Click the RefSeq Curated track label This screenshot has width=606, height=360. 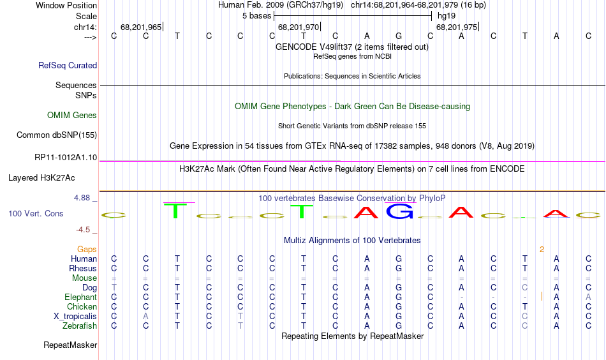click(x=68, y=65)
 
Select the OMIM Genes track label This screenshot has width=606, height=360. click(x=72, y=116)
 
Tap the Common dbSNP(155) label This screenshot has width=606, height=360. click(x=57, y=135)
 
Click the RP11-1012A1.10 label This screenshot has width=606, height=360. click(x=66, y=158)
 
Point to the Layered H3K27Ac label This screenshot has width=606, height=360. click(x=41, y=178)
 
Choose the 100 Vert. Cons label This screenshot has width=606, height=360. click(x=36, y=213)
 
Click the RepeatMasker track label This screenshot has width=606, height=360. click(x=70, y=345)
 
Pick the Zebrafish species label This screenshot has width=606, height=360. click(x=80, y=326)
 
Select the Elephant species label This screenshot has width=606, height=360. click(x=81, y=297)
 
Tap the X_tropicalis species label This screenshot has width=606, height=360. click(x=75, y=317)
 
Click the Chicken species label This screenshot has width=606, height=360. click(x=82, y=306)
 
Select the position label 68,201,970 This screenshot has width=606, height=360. click(x=299, y=27)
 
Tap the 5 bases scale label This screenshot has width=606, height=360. click(x=257, y=16)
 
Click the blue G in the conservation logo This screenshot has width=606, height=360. click(x=399, y=211)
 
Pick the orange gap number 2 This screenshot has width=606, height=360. click(x=542, y=250)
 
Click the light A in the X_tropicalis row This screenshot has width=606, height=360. click(x=145, y=317)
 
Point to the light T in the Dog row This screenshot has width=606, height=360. click(x=114, y=287)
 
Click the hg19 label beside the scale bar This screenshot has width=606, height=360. click(x=447, y=16)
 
